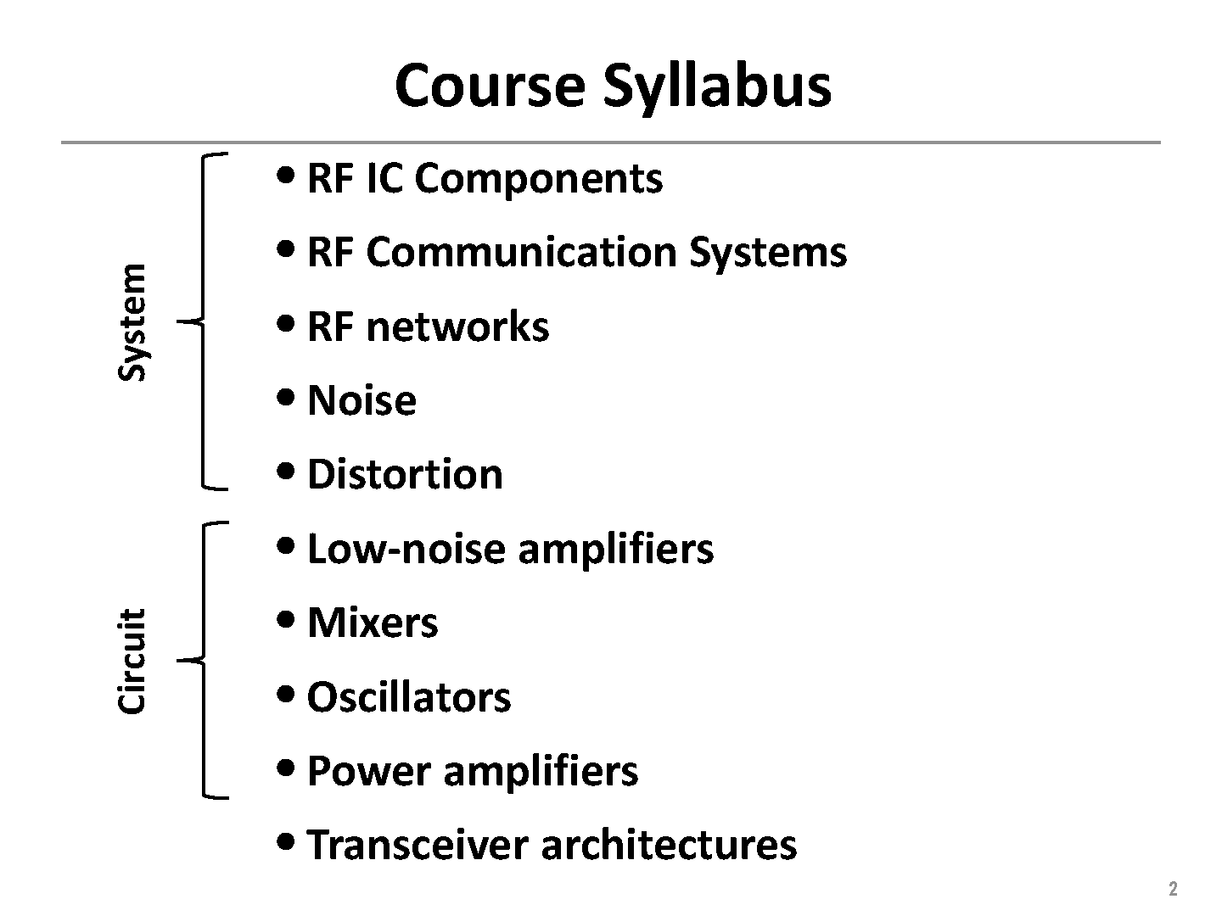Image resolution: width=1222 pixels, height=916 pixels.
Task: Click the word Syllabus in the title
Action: (717, 88)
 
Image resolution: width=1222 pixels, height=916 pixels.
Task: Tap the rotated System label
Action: (132, 322)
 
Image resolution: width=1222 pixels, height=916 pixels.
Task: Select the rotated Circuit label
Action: (132, 661)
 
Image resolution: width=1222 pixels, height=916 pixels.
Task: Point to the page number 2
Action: (1173, 888)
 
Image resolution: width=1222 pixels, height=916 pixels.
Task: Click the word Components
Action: (539, 181)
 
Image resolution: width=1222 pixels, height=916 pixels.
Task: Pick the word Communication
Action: (522, 252)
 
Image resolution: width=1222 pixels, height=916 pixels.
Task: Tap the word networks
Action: (457, 327)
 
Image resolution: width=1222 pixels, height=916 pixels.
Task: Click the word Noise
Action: (362, 400)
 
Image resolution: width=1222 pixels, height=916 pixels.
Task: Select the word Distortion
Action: (406, 474)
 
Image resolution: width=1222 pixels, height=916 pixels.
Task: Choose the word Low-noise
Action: (407, 549)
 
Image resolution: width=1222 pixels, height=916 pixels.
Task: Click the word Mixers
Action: (373, 623)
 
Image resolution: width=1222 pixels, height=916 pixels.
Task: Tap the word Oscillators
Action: (409, 697)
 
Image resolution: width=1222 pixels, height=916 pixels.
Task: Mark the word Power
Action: (369, 772)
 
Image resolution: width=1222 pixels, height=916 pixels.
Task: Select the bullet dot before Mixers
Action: (285, 619)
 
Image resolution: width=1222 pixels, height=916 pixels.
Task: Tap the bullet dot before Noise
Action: (285, 397)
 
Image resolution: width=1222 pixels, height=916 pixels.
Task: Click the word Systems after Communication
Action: (768, 254)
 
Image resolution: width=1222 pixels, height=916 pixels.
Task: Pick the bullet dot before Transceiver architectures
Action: (285, 841)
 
